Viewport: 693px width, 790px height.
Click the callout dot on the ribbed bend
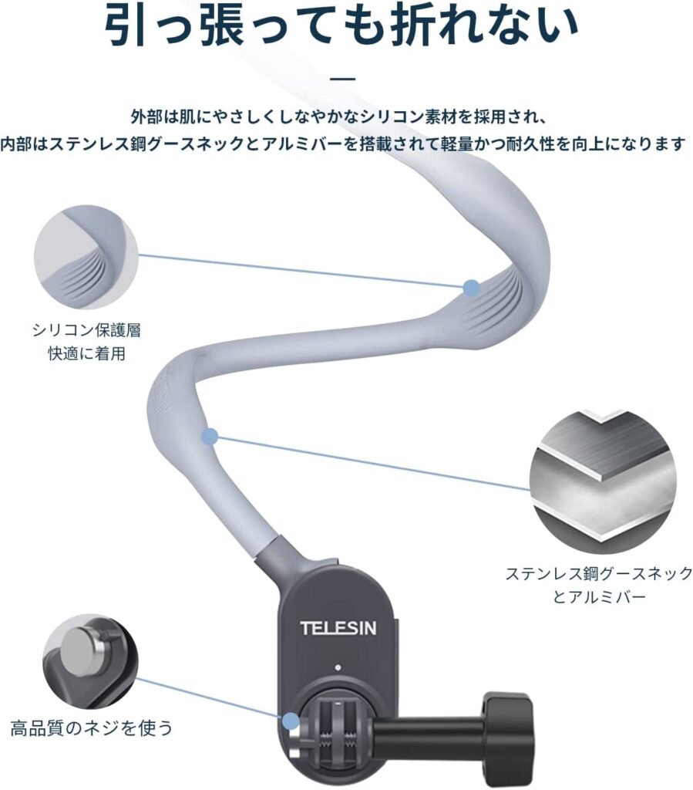(471, 289)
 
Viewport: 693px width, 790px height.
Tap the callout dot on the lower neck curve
(209, 437)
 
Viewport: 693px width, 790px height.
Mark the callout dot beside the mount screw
(290, 721)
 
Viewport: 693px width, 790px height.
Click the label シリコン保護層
(86, 331)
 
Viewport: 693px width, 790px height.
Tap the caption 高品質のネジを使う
(91, 727)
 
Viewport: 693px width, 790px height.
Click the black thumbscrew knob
(508, 738)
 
